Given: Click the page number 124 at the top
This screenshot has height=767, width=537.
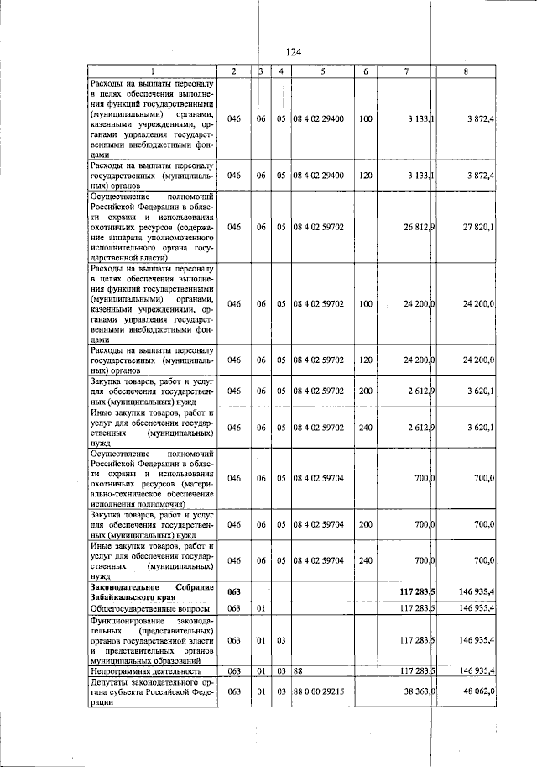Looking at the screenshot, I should pos(293,52).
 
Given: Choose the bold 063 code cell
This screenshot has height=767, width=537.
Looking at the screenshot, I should pos(234,591).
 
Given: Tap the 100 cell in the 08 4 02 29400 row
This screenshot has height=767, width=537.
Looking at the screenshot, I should pos(365,120).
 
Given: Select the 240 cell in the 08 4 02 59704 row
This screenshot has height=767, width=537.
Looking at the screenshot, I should pos(365,560).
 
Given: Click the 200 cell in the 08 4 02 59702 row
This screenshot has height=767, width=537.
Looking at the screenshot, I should pos(365,391).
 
